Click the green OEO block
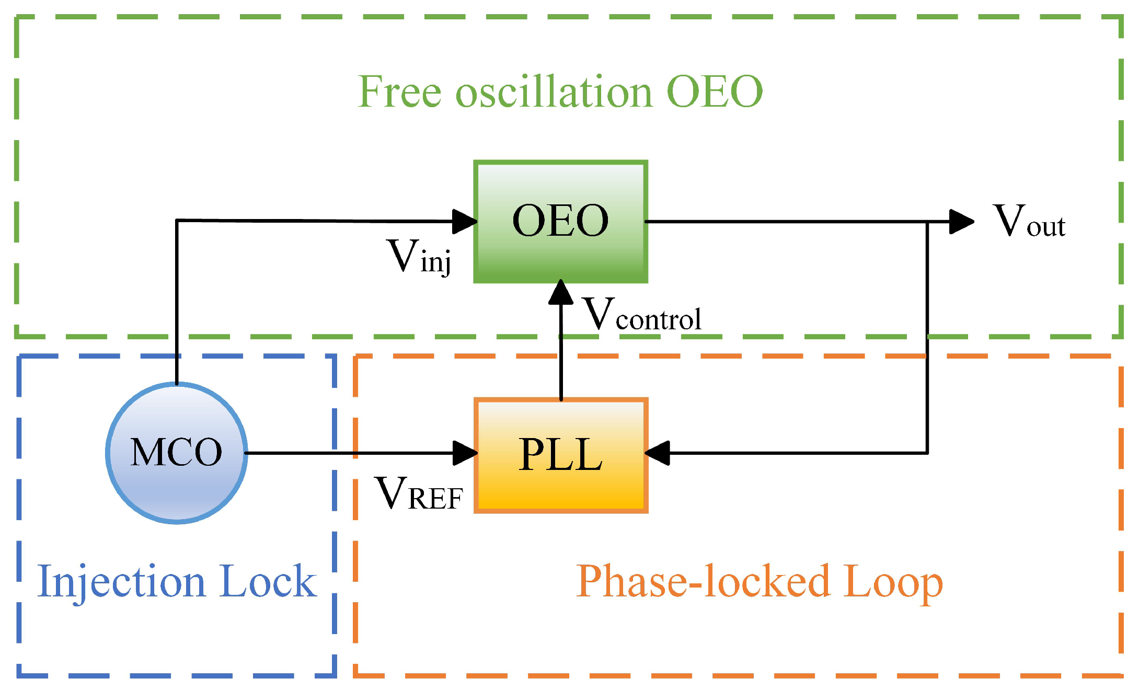(560, 222)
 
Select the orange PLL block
(560, 455)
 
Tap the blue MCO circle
(177, 453)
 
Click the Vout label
(1029, 222)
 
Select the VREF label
(419, 493)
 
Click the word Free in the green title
(400, 92)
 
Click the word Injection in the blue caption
(121, 582)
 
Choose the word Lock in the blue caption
(268, 581)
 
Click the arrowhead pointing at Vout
(961, 222)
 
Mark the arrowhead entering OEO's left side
(464, 222)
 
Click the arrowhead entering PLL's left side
(464, 453)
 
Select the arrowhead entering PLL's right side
(658, 453)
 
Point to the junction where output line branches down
(927, 222)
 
